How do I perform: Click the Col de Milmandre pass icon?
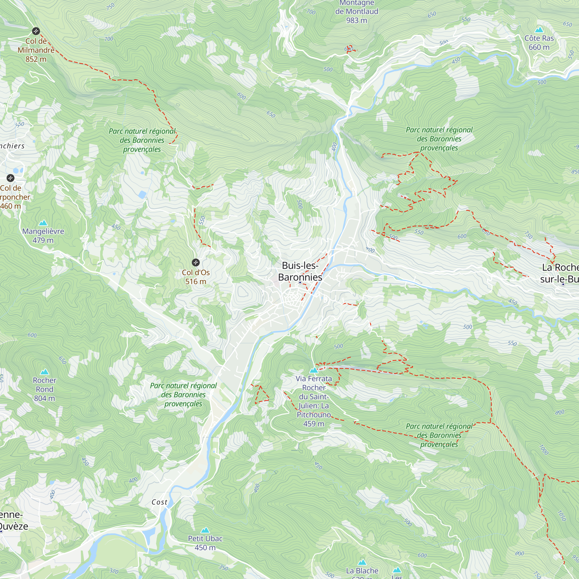click(x=36, y=31)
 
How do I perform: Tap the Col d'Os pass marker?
click(x=195, y=263)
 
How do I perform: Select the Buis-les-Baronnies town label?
click(x=300, y=271)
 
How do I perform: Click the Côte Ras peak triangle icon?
click(x=539, y=30)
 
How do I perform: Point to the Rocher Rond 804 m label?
click(x=44, y=389)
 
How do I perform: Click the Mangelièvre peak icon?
click(x=43, y=223)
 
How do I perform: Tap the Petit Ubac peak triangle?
click(x=205, y=530)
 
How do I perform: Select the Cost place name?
click(x=159, y=502)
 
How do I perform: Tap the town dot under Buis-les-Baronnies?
click(x=300, y=282)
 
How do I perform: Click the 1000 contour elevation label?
click(x=544, y=450)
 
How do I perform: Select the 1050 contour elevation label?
click(x=562, y=516)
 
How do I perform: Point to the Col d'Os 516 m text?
click(x=195, y=277)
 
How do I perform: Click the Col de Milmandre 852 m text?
click(x=36, y=50)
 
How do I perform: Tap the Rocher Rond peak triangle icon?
click(x=44, y=372)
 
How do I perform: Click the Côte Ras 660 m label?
click(x=539, y=43)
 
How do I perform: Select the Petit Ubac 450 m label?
click(x=205, y=543)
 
